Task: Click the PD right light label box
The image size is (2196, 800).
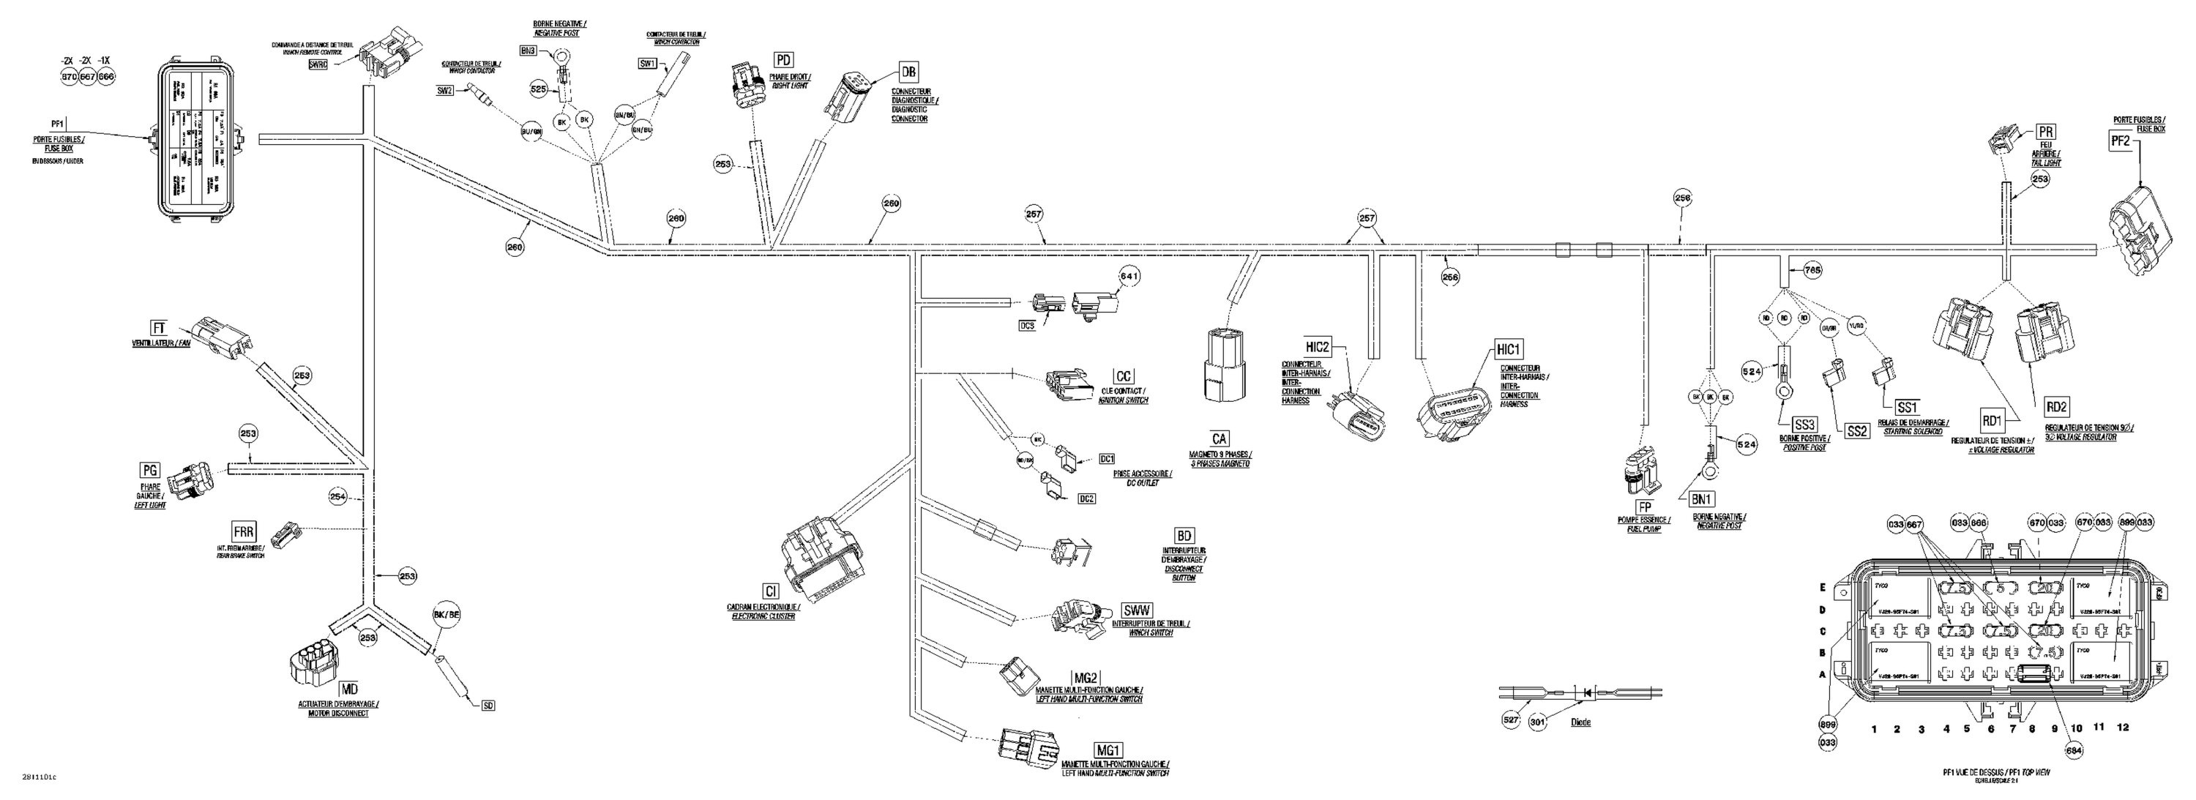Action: [783, 59]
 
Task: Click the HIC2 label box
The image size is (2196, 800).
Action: [1317, 347]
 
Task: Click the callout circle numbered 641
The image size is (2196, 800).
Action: [1129, 276]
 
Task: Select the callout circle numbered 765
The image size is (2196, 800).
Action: [1813, 270]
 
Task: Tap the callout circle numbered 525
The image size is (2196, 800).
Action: [539, 89]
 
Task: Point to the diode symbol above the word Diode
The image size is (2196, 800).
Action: [1586, 692]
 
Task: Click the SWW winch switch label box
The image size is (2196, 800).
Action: [1138, 610]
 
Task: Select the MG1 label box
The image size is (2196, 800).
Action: [1108, 749]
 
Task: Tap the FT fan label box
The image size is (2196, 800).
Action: [159, 328]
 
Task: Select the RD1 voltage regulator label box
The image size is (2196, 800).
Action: [1990, 420]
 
